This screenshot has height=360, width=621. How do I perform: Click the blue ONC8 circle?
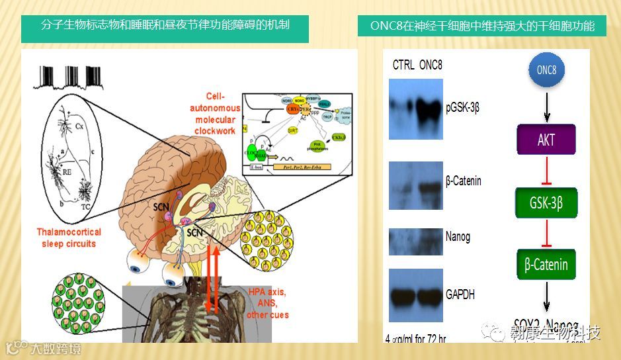546,71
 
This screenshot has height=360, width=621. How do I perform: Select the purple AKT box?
546,140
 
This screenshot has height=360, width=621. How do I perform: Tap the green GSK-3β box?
546,202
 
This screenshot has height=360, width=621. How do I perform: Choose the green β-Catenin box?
546,264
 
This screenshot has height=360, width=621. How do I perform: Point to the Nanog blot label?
458,236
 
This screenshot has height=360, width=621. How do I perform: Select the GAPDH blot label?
460,294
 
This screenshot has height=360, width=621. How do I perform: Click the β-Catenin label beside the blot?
464,180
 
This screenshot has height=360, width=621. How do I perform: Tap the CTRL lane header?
403,65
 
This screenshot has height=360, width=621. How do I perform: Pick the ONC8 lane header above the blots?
431,65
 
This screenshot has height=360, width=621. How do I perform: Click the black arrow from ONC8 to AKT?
546,104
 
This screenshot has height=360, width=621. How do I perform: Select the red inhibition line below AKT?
546,171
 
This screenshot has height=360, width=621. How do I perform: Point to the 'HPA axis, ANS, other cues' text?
268,303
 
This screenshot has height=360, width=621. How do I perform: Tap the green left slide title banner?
156,27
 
